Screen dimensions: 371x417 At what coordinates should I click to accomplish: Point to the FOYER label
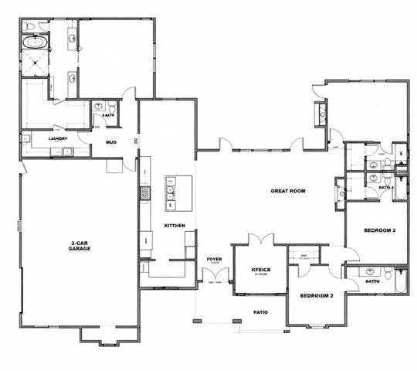(x=214, y=259)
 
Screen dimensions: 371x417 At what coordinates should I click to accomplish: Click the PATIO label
(x=260, y=313)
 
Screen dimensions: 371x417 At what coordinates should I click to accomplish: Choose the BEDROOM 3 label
(x=379, y=230)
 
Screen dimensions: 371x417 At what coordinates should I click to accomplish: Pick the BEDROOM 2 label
(x=316, y=295)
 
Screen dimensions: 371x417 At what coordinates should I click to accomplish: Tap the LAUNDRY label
(x=57, y=139)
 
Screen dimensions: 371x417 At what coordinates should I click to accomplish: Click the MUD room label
(x=111, y=142)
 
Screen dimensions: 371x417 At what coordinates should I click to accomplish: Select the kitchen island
(x=178, y=193)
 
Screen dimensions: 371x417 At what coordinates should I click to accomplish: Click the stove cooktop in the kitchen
(x=144, y=192)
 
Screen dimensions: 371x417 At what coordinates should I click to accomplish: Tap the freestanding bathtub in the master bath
(x=34, y=43)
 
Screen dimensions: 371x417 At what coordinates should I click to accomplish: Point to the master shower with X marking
(x=35, y=67)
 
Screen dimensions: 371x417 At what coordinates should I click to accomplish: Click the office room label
(x=261, y=270)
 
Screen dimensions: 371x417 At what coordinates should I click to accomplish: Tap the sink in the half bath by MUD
(x=98, y=108)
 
